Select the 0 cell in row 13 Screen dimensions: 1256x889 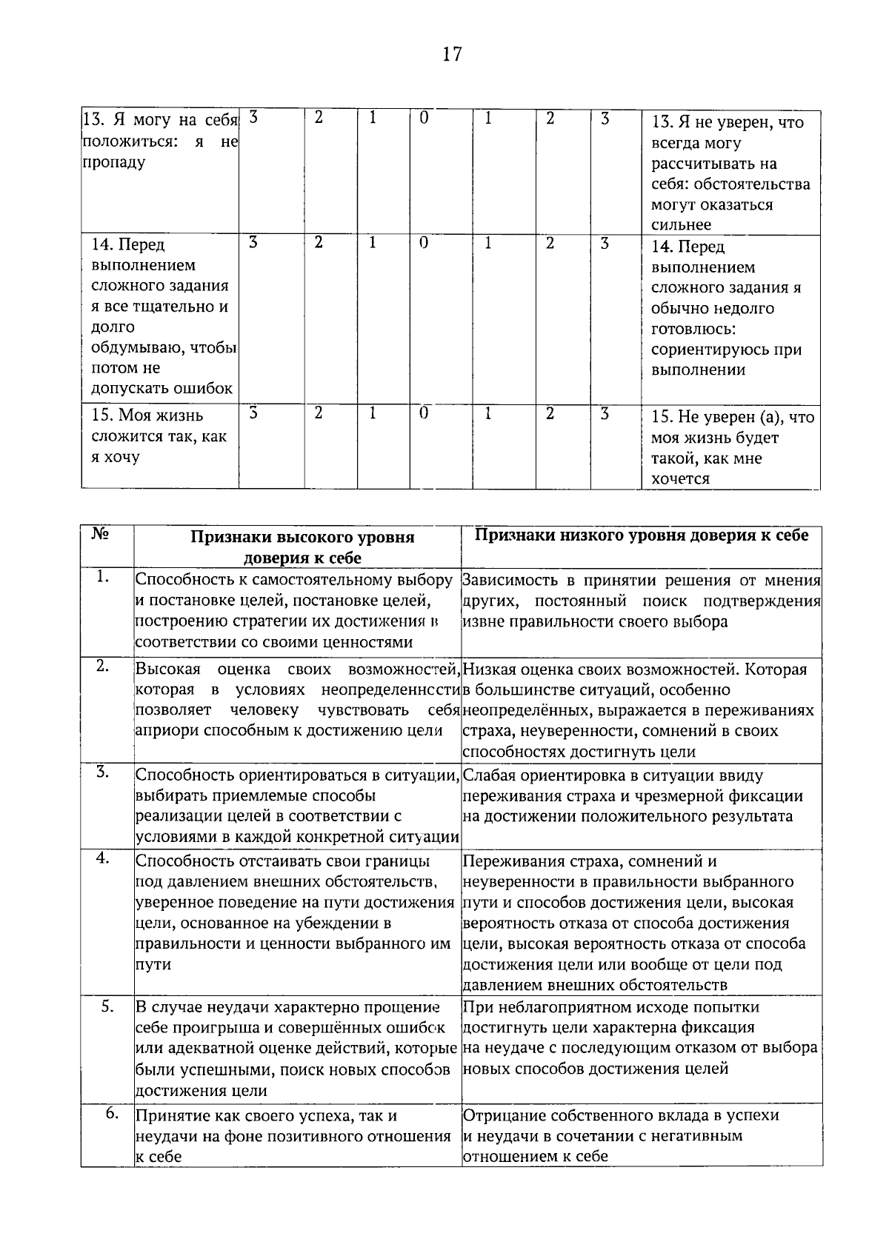tap(424, 118)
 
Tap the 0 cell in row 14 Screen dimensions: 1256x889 tap(424, 243)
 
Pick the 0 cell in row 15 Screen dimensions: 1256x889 tap(424, 413)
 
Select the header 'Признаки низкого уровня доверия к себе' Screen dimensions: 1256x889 tap(642, 535)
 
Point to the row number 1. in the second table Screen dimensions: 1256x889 tap(103, 578)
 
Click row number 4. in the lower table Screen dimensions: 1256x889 tap(103, 858)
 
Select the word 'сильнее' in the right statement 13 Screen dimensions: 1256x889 tap(681, 224)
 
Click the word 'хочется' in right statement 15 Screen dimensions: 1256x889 tap(680, 479)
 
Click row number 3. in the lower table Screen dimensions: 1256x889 tap(103, 773)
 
